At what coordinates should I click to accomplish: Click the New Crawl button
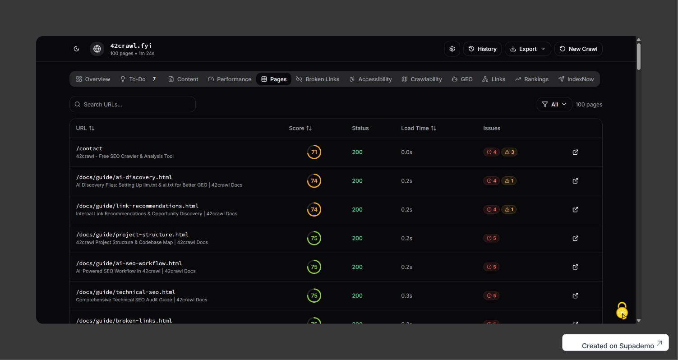click(x=578, y=49)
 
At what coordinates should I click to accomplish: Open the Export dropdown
click(x=527, y=49)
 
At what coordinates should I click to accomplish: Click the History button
click(x=482, y=49)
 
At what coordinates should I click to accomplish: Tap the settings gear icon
click(x=452, y=49)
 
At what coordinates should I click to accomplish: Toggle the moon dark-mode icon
click(x=77, y=49)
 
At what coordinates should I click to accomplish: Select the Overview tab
click(x=93, y=79)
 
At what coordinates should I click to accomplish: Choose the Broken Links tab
click(x=318, y=79)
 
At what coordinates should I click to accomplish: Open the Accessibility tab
click(x=370, y=79)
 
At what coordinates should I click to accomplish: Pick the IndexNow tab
click(x=576, y=79)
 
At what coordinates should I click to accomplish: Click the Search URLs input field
click(x=133, y=104)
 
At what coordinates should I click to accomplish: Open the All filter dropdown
click(x=554, y=104)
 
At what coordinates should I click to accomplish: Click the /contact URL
click(x=89, y=148)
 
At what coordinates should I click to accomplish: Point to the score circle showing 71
click(x=314, y=152)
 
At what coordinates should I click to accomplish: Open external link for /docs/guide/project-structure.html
click(x=575, y=238)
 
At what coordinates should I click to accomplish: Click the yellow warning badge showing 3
click(x=509, y=152)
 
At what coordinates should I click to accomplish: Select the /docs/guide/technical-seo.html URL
click(x=125, y=292)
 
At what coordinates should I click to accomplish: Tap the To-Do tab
click(x=137, y=79)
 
